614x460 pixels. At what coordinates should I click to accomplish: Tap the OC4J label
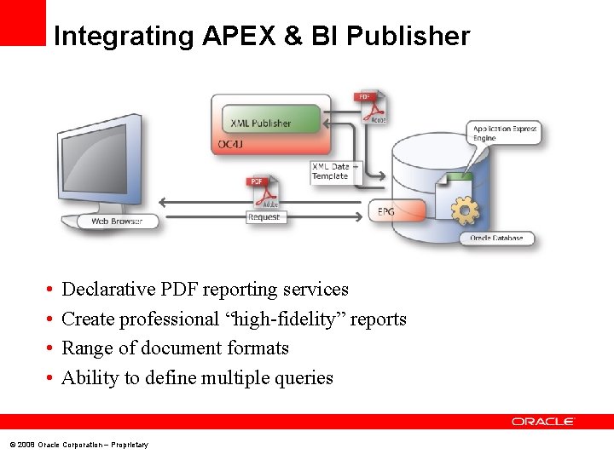pos(230,144)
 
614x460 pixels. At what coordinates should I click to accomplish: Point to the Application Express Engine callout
pos(504,133)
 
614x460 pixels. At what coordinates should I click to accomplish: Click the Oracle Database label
pos(496,238)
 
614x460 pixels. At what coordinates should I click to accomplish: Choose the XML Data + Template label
pos(331,171)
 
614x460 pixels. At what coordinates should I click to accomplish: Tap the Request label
pos(264,217)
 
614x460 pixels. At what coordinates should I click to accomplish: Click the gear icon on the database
pos(464,210)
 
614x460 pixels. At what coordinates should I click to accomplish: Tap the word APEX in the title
pos(235,37)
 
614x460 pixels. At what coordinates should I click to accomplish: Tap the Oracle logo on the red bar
pos(543,422)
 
